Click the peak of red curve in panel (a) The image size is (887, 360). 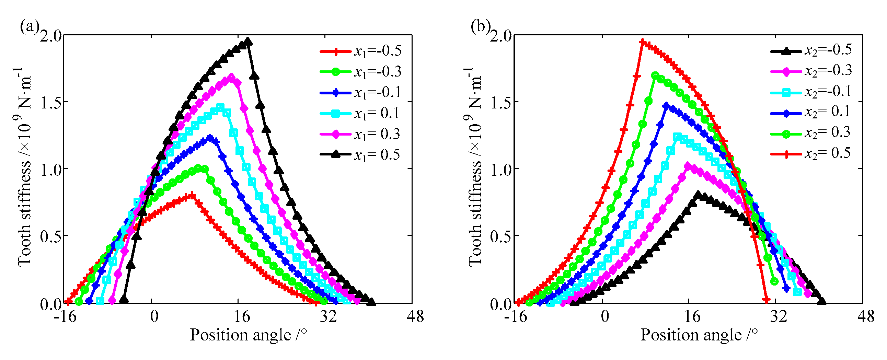[x=192, y=196]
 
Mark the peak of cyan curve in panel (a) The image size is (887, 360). [x=220, y=107]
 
